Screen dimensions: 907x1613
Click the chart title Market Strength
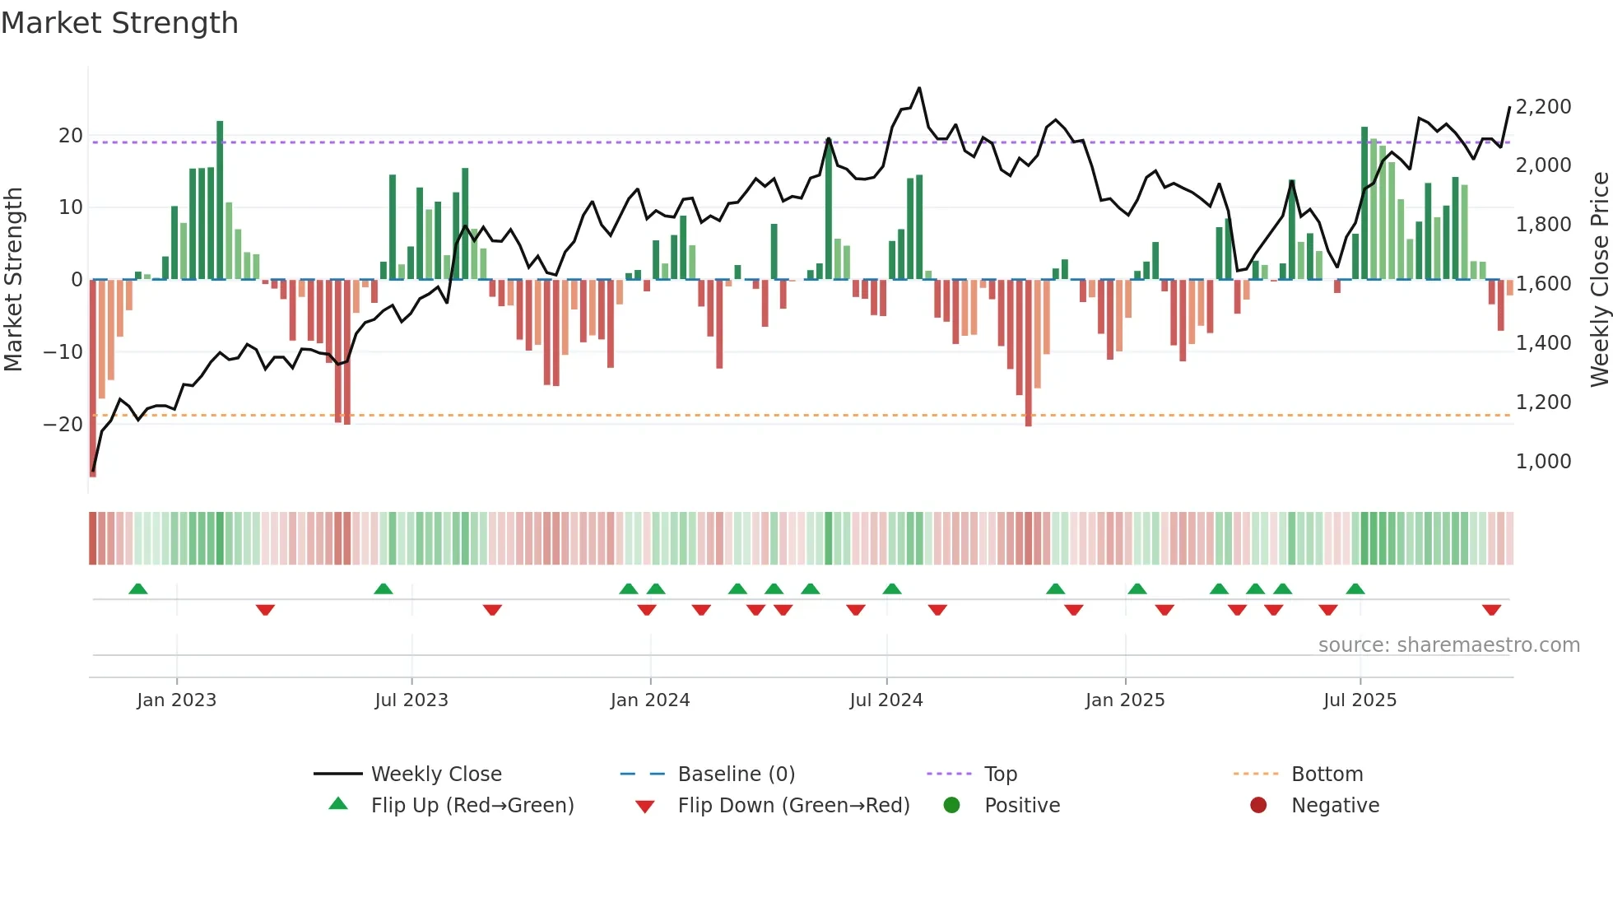pyautogui.click(x=119, y=23)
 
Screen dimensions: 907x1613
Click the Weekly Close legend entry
pyautogui.click(x=435, y=774)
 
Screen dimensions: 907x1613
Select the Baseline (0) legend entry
pyautogui.click(x=736, y=774)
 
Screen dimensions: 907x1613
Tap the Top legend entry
pyautogui.click(x=1000, y=774)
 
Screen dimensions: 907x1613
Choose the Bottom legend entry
pyautogui.click(x=1327, y=774)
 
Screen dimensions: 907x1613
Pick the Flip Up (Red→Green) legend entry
pyautogui.click(x=472, y=805)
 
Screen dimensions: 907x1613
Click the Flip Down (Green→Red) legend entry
pyautogui.click(x=793, y=805)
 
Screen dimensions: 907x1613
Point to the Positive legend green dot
pyautogui.click(x=952, y=805)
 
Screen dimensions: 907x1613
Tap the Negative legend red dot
pyautogui.click(x=1258, y=805)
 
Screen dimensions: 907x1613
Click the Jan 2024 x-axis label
pyautogui.click(x=650, y=700)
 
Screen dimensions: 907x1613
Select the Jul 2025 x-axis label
pyautogui.click(x=1360, y=700)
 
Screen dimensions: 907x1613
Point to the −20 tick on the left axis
pyautogui.click(x=63, y=425)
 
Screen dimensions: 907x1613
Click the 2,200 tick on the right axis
pyautogui.click(x=1543, y=107)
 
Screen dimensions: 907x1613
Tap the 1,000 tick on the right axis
pyautogui.click(x=1543, y=462)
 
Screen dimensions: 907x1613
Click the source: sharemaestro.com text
pyautogui.click(x=1448, y=645)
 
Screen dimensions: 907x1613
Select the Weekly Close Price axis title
pyautogui.click(x=1599, y=280)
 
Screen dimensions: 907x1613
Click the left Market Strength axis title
pyautogui.click(x=14, y=280)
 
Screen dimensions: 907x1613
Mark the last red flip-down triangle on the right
pyautogui.click(x=1491, y=610)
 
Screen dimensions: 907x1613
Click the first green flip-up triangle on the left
pyautogui.click(x=138, y=588)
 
